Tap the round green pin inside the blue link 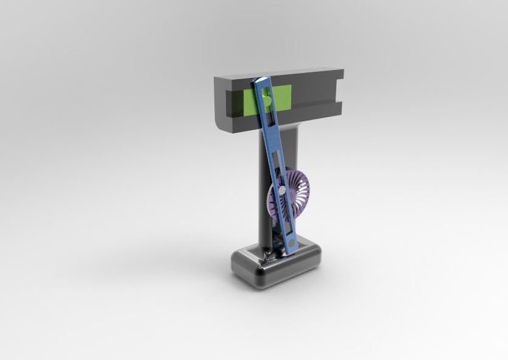266,99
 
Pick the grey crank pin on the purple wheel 283,190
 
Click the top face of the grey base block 305,252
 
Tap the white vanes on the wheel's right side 302,195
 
